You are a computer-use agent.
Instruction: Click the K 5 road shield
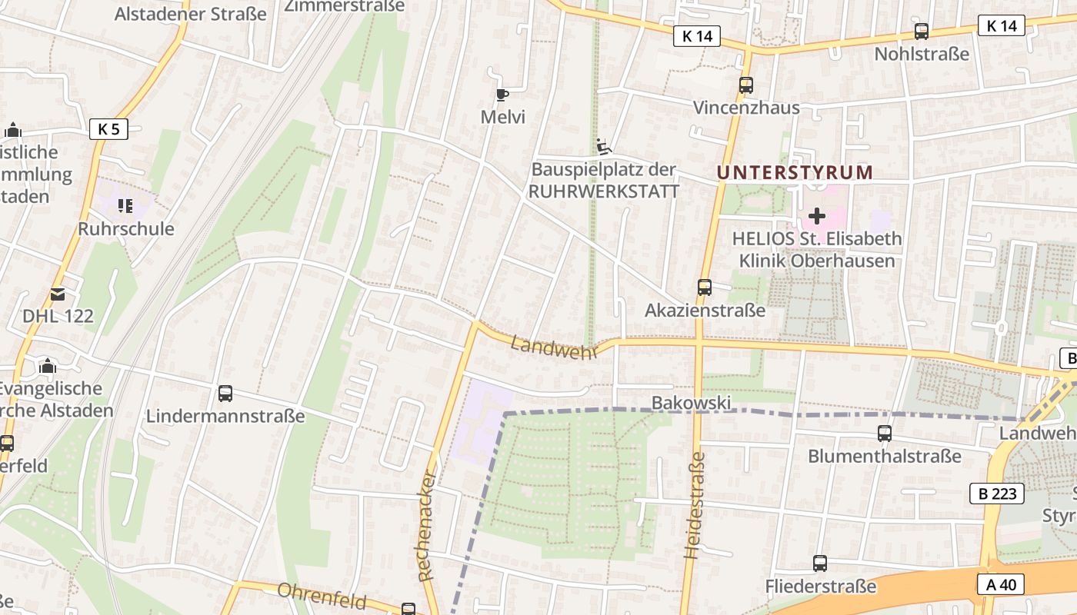pyautogui.click(x=108, y=128)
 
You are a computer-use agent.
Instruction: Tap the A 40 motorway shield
pyautogui.click(x=1001, y=585)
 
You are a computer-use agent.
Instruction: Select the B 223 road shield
pyautogui.click(x=998, y=494)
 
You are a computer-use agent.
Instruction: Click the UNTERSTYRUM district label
pyautogui.click(x=795, y=172)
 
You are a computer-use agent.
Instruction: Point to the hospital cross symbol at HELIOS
pyautogui.click(x=817, y=216)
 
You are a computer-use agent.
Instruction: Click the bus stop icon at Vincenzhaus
pyautogui.click(x=745, y=85)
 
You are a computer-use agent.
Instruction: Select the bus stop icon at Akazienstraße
pyautogui.click(x=704, y=288)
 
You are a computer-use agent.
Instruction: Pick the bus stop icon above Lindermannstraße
pyautogui.click(x=225, y=394)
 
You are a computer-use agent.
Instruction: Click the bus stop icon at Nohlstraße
pyautogui.click(x=921, y=32)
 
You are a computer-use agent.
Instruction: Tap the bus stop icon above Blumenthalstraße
pyautogui.click(x=885, y=434)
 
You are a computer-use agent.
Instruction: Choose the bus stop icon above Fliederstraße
pyautogui.click(x=820, y=563)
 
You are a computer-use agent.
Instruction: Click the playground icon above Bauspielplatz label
pyautogui.click(x=604, y=145)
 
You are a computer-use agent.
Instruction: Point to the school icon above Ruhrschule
pyautogui.click(x=125, y=206)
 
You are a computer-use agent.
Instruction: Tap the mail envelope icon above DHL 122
pyautogui.click(x=57, y=294)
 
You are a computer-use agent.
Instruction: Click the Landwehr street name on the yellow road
pyautogui.click(x=554, y=347)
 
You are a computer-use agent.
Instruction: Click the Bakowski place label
pyautogui.click(x=691, y=403)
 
